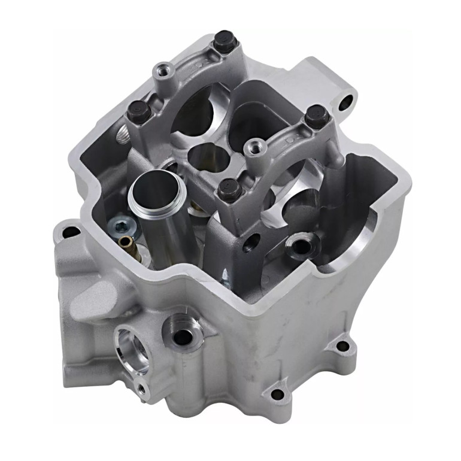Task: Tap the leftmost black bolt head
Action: [138, 111]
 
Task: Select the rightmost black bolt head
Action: [313, 115]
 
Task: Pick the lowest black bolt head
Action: [229, 190]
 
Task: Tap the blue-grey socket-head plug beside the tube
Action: [118, 226]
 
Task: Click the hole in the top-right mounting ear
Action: [345, 103]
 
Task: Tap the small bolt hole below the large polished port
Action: [141, 389]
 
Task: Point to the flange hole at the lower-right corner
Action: [342, 345]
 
